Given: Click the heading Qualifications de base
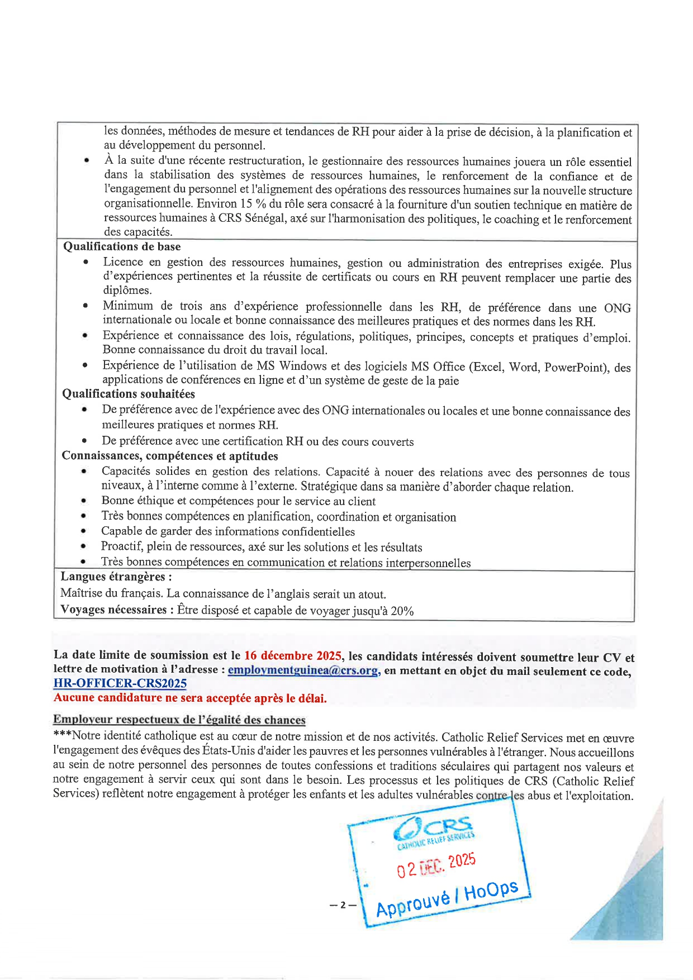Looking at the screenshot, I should [x=122, y=246].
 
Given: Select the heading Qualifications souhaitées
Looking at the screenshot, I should [x=129, y=394].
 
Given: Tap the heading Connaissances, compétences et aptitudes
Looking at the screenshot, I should [x=170, y=456].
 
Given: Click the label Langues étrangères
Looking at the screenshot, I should [x=116, y=577].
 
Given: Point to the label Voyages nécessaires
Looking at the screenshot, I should [x=114, y=610].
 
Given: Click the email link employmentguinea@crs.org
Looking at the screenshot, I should [x=303, y=670].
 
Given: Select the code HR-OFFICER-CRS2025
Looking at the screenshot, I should [x=120, y=683].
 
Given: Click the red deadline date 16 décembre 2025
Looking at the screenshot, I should [x=292, y=655].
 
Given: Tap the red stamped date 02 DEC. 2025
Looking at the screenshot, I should [x=436, y=865].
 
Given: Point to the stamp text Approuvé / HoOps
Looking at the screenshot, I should [x=447, y=899].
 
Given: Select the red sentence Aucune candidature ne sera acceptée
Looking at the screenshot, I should [x=190, y=698].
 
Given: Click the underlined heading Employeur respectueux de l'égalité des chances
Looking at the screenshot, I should [x=179, y=720].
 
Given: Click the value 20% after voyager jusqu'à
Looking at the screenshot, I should [x=402, y=611].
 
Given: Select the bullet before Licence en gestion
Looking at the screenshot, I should [x=86, y=262].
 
